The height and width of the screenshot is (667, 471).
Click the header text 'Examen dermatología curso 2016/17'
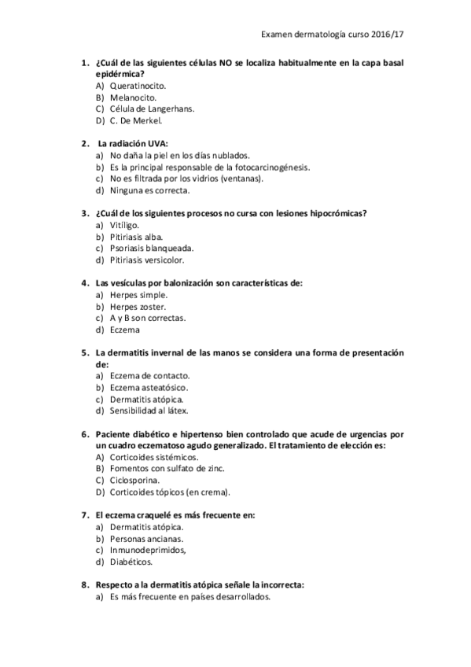pyautogui.click(x=337, y=35)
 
